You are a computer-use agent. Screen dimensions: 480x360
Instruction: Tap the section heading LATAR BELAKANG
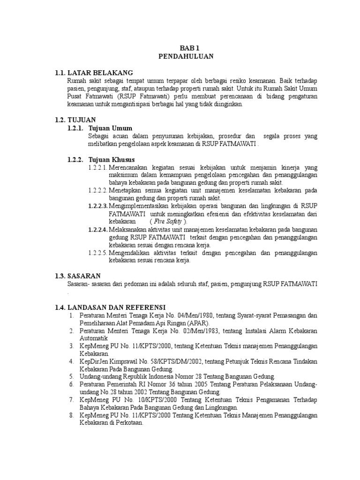point(100,73)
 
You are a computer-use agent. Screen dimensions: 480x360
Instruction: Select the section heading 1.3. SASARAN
point(78,276)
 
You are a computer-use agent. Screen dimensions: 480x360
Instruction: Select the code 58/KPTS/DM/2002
point(165,362)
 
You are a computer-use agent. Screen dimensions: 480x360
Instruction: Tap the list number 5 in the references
point(71,377)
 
